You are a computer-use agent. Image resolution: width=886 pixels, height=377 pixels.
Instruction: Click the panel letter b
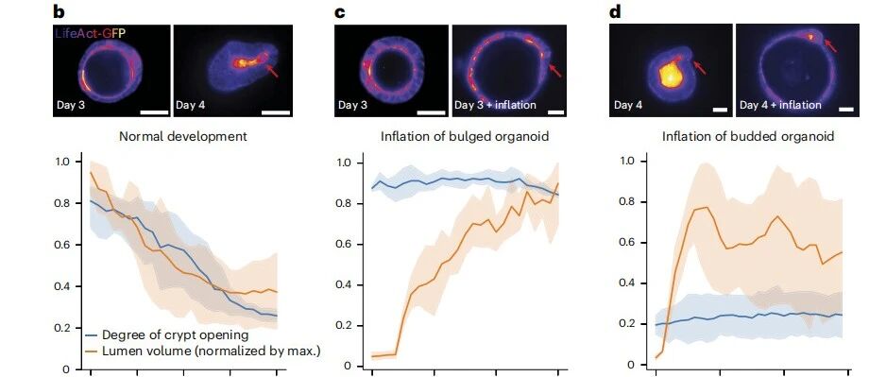[x=58, y=11]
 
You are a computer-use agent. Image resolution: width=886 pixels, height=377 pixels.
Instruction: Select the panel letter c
[x=340, y=12]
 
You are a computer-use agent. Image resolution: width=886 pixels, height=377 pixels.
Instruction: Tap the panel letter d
[x=615, y=11]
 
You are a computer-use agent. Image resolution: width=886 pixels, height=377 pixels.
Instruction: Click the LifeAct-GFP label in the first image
[x=90, y=34]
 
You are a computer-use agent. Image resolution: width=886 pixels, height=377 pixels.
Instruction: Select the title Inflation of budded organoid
[x=739, y=136]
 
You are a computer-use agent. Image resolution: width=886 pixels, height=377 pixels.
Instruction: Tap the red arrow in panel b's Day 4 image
[x=272, y=71]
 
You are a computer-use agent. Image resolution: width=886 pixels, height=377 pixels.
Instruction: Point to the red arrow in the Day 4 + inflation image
[x=830, y=44]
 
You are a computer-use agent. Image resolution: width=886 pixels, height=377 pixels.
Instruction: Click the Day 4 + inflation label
[x=780, y=105]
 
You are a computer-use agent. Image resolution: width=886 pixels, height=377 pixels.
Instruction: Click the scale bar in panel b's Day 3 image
[x=154, y=112]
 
